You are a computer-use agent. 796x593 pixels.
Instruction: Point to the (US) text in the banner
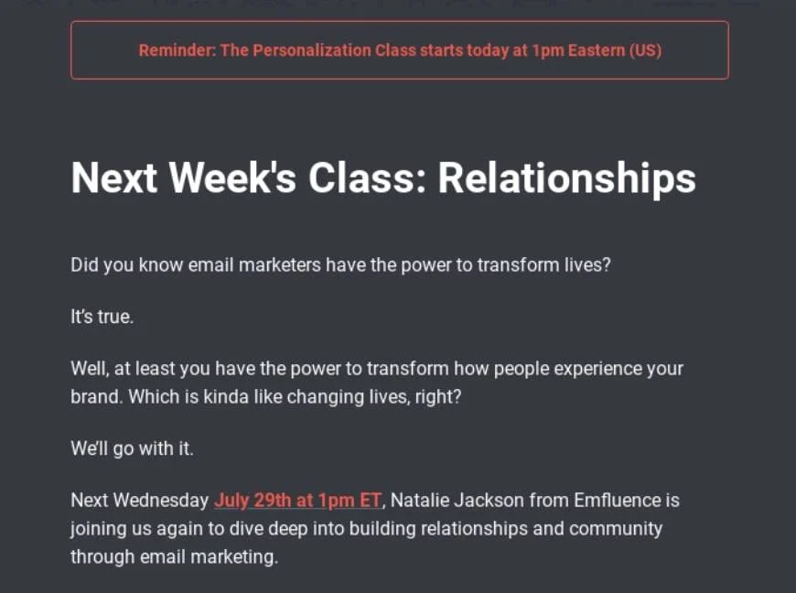click(x=646, y=50)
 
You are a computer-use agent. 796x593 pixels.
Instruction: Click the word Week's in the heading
click(x=232, y=178)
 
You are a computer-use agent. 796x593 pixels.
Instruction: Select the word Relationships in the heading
click(x=566, y=178)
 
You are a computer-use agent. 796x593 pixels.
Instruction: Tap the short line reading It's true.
click(x=102, y=318)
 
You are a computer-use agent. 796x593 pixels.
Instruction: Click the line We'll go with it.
click(x=132, y=449)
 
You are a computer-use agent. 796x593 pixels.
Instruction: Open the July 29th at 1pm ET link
click(x=297, y=501)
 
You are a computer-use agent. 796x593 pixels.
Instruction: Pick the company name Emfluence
click(x=619, y=501)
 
